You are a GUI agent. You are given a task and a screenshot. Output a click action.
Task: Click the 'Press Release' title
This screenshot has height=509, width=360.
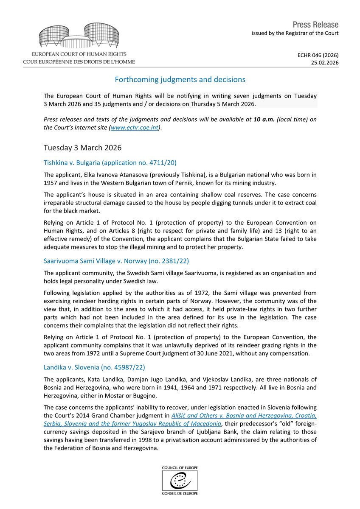[x=315, y=25]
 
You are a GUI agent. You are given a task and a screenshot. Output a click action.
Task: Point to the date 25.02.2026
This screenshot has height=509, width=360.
[x=325, y=62]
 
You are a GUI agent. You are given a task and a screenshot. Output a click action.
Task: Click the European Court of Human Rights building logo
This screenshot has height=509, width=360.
[x=79, y=36]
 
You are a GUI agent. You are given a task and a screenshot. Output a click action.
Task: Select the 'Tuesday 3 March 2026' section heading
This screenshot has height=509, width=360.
[x=82, y=148]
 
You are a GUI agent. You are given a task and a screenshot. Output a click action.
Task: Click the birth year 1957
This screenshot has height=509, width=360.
[x=51, y=183]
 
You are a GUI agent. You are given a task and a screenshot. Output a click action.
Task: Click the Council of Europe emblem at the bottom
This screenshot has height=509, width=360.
[x=180, y=480]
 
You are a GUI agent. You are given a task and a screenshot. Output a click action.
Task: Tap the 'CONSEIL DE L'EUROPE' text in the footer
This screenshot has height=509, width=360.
[x=180, y=493]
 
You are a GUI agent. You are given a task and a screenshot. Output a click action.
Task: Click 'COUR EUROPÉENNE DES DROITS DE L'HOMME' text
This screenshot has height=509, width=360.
[x=79, y=62]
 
